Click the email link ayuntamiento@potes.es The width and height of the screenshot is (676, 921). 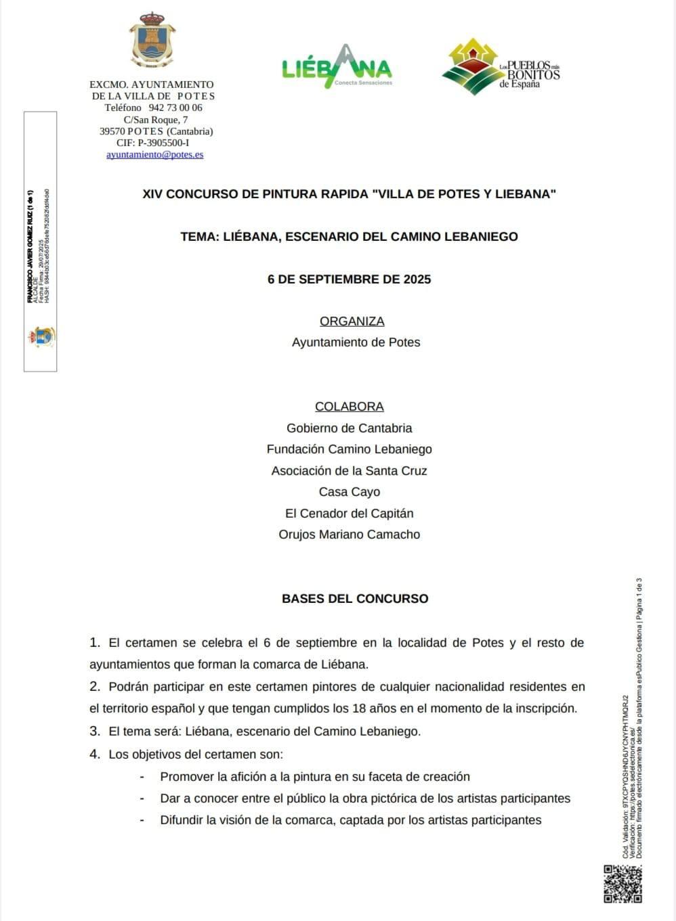point(154,154)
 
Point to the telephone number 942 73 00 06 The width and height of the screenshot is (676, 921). point(175,108)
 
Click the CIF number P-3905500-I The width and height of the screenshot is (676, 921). point(163,143)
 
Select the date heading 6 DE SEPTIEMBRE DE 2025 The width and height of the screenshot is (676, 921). point(349,279)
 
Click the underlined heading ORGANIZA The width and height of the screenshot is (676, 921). point(352,321)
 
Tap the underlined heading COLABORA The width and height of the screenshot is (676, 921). point(349,407)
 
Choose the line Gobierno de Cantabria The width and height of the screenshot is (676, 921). point(349,428)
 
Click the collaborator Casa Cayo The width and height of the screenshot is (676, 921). point(349,492)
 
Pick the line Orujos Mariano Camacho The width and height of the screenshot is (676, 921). point(349,535)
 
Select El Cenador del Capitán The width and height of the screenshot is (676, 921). point(349,514)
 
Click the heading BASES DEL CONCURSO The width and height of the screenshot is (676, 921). point(355,598)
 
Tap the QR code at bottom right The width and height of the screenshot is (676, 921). point(622,884)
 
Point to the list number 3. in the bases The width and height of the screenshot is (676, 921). point(95,732)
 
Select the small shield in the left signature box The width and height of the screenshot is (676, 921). point(41,336)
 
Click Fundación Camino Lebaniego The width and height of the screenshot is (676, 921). point(349,449)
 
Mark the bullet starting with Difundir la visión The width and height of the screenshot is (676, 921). point(350,820)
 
